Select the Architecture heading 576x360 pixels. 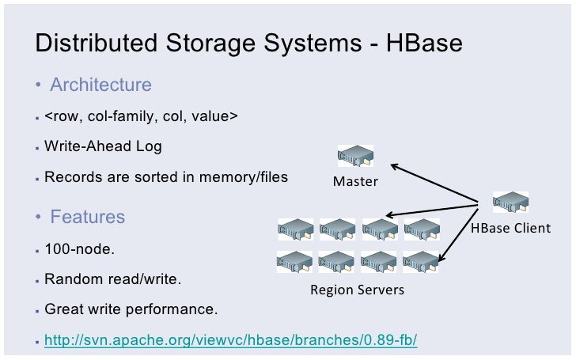[x=100, y=85]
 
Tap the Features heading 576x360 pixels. [x=87, y=217]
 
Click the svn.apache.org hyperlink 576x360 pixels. [x=230, y=340]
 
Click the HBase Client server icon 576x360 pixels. [x=510, y=204]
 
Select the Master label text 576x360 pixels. [x=355, y=182]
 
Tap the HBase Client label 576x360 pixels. [x=510, y=229]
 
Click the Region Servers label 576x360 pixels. [x=357, y=290]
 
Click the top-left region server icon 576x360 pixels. [x=295, y=229]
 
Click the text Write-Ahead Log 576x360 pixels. [x=103, y=146]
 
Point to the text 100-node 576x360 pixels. [x=79, y=249]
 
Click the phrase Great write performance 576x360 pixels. [x=131, y=309]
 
